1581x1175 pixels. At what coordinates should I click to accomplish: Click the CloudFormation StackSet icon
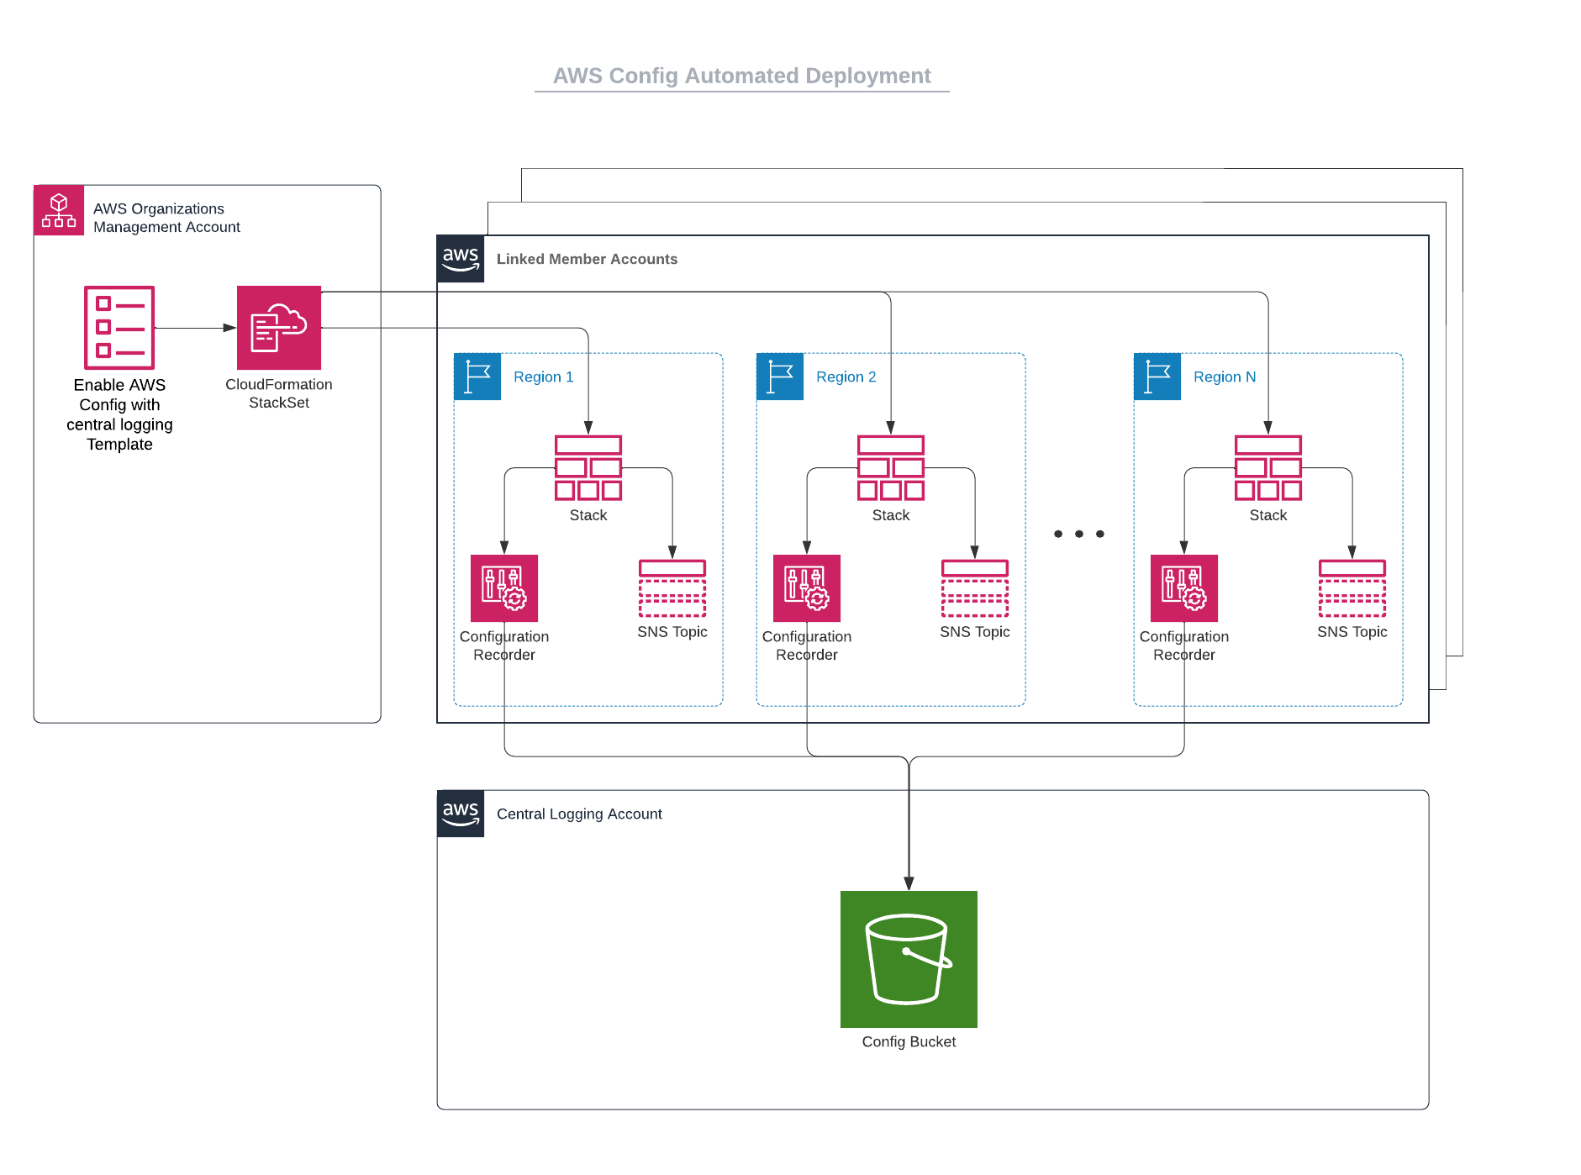click(279, 328)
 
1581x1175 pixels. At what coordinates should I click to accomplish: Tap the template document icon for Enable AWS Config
click(119, 328)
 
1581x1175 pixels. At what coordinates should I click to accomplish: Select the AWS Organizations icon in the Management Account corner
click(59, 210)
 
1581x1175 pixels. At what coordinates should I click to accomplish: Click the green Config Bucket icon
click(909, 959)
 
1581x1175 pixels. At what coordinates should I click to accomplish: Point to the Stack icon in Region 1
click(588, 468)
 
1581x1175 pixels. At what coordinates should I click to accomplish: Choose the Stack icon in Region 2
click(891, 468)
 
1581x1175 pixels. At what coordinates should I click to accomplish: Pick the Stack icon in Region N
click(1268, 468)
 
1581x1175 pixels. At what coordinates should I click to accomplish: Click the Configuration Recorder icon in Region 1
click(504, 588)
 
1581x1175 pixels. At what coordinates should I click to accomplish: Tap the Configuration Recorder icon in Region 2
click(807, 588)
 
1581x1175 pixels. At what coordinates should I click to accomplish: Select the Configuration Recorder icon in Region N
click(1184, 588)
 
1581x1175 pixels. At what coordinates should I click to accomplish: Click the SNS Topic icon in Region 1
click(672, 588)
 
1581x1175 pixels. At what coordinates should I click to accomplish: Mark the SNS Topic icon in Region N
click(1352, 588)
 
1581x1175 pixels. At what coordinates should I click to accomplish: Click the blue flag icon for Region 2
click(780, 377)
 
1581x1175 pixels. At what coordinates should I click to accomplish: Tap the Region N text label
click(1225, 377)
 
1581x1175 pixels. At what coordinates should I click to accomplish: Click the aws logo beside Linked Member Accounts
click(461, 259)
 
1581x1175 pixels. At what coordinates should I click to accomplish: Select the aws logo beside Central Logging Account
click(461, 814)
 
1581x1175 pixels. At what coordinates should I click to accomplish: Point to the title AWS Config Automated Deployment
click(742, 76)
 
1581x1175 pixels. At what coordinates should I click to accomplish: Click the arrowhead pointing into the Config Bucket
click(909, 884)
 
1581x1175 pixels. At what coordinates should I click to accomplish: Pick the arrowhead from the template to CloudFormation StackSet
click(229, 328)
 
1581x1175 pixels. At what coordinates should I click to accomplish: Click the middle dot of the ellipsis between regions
click(1079, 534)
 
